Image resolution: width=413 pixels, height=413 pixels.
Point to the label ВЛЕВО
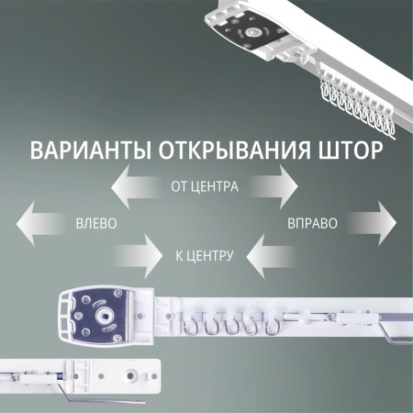click(96, 223)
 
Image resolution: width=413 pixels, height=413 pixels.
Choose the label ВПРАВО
click(312, 223)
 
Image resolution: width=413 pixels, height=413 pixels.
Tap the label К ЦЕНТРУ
click(204, 254)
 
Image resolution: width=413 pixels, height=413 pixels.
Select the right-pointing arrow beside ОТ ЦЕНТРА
click(273, 188)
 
